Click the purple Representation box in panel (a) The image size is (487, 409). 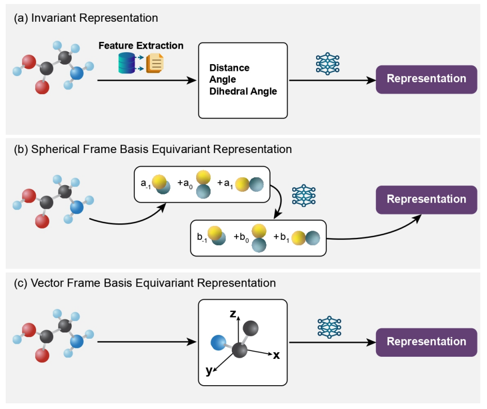[426, 79]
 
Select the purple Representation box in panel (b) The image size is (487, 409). [426, 200]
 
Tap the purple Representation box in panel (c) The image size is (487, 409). [426, 342]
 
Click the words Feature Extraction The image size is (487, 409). [141, 46]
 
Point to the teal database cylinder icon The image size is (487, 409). [127, 64]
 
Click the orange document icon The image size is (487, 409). [155, 64]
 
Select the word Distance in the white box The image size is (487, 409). [229, 68]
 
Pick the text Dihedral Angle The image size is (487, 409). [243, 92]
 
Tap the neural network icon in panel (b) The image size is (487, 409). [304, 196]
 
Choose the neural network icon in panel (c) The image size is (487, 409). [328, 327]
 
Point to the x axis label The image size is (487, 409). [276, 355]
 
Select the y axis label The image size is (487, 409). [209, 370]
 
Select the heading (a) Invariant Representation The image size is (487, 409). [86, 18]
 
